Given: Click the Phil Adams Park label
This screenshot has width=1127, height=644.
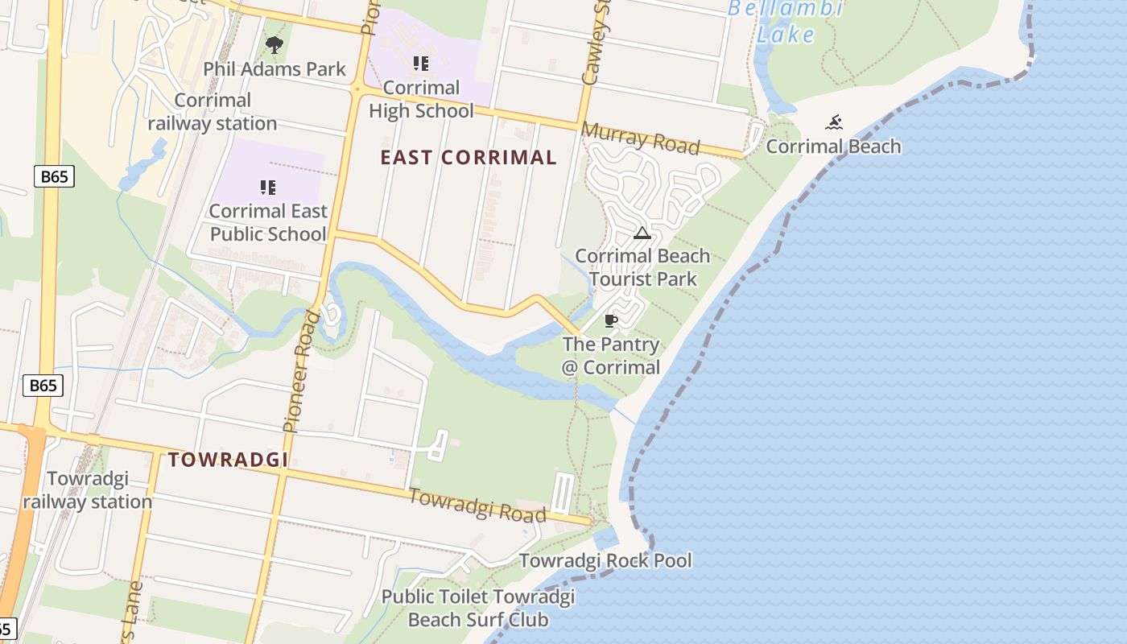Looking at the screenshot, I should pos(275,69).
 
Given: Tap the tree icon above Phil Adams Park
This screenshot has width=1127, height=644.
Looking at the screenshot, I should pos(275,45).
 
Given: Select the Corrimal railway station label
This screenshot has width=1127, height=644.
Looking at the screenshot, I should pos(213,112).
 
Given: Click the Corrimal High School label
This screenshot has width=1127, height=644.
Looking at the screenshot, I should pos(421,98).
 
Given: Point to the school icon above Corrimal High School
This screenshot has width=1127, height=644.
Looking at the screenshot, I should pos(421,63).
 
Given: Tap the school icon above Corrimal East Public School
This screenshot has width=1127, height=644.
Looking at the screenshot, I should pos(268,188).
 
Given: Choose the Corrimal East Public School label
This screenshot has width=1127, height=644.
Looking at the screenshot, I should pos(268,223).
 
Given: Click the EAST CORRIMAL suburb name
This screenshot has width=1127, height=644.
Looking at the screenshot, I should pos(469,158).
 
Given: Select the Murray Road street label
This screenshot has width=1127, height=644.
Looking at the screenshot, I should pos(640,138).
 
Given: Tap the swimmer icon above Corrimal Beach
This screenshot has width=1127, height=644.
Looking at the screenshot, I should pos(834,122).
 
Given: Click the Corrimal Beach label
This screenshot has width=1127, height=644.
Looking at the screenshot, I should pos(833,147).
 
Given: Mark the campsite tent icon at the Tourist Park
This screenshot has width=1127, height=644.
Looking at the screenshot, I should pos(642,233).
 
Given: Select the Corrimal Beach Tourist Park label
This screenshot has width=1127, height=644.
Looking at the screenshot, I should pos(642,267).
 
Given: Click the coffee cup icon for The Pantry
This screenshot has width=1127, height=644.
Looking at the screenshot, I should pos(611,320).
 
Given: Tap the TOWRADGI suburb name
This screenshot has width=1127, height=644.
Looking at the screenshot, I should pos(228,460).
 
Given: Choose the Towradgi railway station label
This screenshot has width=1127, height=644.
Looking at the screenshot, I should pos(87,490).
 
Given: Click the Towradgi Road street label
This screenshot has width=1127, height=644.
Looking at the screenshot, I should pos(477,505).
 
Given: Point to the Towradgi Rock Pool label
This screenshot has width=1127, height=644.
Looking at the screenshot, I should pos(605,560).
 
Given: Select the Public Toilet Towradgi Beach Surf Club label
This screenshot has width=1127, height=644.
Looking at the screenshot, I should pos(478,608).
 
